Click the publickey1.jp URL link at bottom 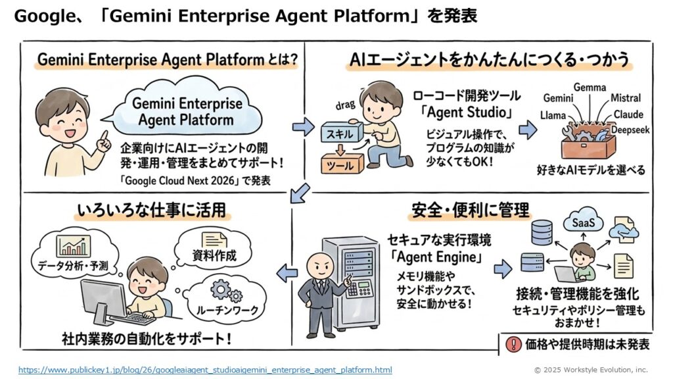(x=205, y=370)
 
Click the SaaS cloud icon (x=583, y=223)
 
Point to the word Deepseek (x=630, y=130)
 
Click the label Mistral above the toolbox (x=625, y=99)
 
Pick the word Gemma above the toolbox (x=590, y=88)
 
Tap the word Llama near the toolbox (x=553, y=116)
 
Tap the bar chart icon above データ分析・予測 (x=73, y=246)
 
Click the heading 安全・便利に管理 (x=471, y=211)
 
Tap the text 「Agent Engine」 (x=435, y=255)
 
